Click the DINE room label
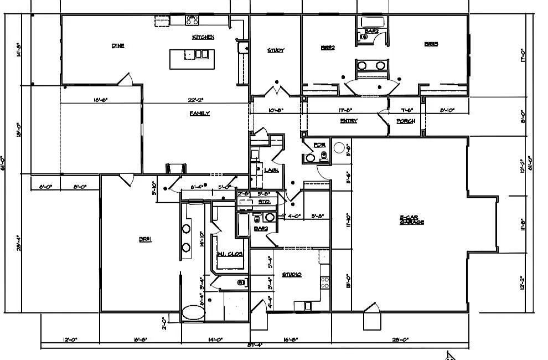(x=117, y=46)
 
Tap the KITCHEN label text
(x=203, y=37)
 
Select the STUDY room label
(x=276, y=50)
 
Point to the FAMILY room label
(x=200, y=114)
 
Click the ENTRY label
(x=349, y=121)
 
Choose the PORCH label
(x=406, y=121)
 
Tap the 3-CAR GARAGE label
(x=412, y=220)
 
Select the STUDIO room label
(x=291, y=274)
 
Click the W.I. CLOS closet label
(x=230, y=254)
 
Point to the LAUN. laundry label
(x=271, y=170)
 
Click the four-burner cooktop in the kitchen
(x=193, y=20)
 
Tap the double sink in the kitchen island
(x=201, y=54)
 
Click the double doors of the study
(x=276, y=90)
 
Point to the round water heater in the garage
(x=340, y=148)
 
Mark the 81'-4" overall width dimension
(x=254, y=345)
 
